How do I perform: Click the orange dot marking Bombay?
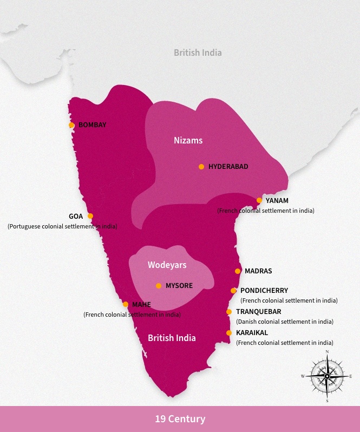[x=71, y=125]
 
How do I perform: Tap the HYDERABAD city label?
[x=228, y=167]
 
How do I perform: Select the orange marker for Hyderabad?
[x=201, y=167]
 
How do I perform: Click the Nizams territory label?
[x=188, y=140]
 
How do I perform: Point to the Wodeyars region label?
[x=167, y=265]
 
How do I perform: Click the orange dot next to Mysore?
[x=159, y=286]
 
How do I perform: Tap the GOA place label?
[x=76, y=216]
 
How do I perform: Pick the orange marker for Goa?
[x=90, y=216]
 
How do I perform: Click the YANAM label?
[x=277, y=200]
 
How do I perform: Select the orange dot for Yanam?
[x=259, y=200]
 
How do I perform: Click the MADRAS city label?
[x=258, y=271]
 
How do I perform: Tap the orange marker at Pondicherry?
[x=233, y=291]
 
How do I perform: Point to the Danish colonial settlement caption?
[x=284, y=322]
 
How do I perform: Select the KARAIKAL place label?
[x=252, y=333]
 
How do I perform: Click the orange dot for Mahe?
[x=126, y=304]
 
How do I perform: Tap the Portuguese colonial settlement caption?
[x=62, y=226]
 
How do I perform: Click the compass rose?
[x=327, y=376]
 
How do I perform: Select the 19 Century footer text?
[x=180, y=419]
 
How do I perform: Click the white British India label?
[x=172, y=338]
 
